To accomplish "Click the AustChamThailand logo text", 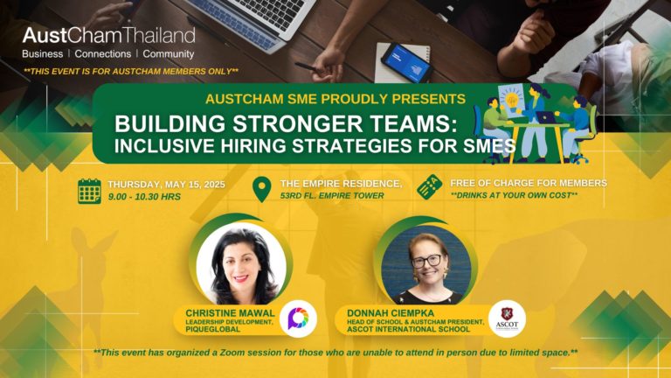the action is tap(108, 35).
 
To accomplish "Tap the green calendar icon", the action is tap(89, 191).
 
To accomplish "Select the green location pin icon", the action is tap(261, 189).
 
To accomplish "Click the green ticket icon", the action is tap(430, 187).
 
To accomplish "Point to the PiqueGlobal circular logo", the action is tap(298, 318).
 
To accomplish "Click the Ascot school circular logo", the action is tap(507, 318).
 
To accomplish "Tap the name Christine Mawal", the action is tap(231, 313).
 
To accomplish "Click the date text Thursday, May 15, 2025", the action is tap(167, 185).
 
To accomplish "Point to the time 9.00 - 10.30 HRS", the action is tap(144, 197).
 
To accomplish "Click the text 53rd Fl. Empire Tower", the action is tap(332, 195).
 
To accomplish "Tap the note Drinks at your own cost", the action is tap(514, 195).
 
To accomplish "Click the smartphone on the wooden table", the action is tap(406, 63).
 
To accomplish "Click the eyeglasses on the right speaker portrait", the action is tap(426, 261).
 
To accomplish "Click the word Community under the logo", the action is tap(168, 54).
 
